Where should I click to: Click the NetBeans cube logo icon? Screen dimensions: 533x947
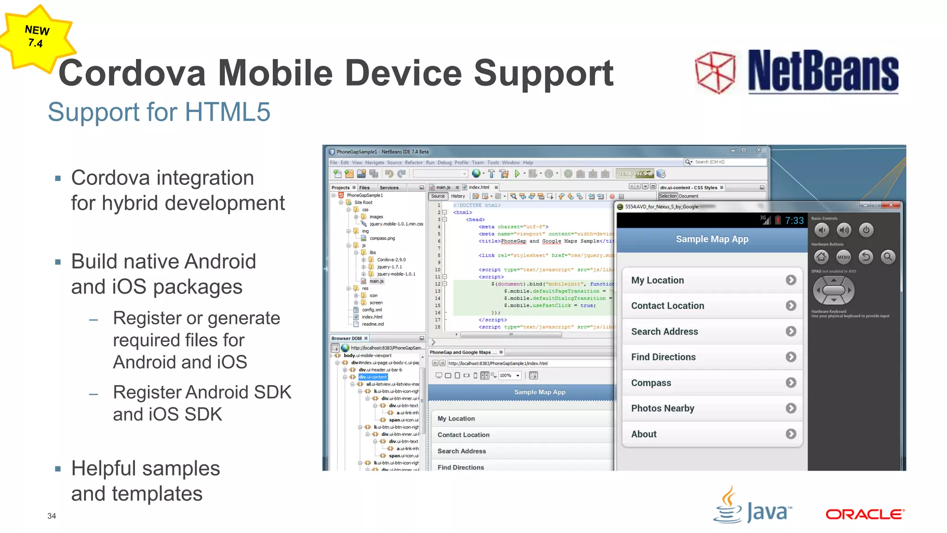(715, 72)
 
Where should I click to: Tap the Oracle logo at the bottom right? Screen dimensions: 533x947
(865, 514)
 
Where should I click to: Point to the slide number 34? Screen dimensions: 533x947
(51, 516)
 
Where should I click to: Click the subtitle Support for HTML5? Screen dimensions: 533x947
(159, 112)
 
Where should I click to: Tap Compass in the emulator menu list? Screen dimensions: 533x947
(651, 383)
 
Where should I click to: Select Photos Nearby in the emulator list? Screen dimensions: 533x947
(663, 408)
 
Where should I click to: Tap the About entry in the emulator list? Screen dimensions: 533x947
(644, 434)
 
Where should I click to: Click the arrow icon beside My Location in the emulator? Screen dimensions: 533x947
(791, 280)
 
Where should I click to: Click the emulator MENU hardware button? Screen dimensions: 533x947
(843, 257)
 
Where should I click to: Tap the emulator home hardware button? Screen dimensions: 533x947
(821, 257)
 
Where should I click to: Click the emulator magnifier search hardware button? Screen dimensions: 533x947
(888, 257)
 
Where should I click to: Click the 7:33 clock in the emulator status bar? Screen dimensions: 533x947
(794, 221)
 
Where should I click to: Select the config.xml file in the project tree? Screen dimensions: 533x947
(372, 310)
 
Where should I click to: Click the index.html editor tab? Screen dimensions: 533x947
(479, 187)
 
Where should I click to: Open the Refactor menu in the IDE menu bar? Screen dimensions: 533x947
(413, 162)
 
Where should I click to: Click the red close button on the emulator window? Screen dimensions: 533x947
(891, 205)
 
